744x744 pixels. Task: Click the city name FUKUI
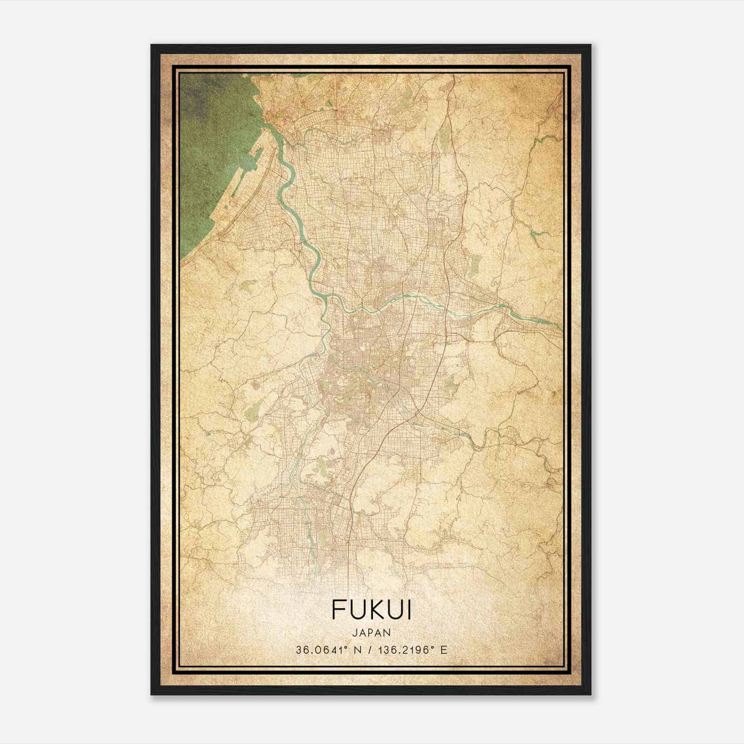371,610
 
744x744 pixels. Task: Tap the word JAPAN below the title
371,632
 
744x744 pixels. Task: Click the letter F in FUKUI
338,610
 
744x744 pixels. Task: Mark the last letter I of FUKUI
408,610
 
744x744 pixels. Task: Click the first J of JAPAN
354,632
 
